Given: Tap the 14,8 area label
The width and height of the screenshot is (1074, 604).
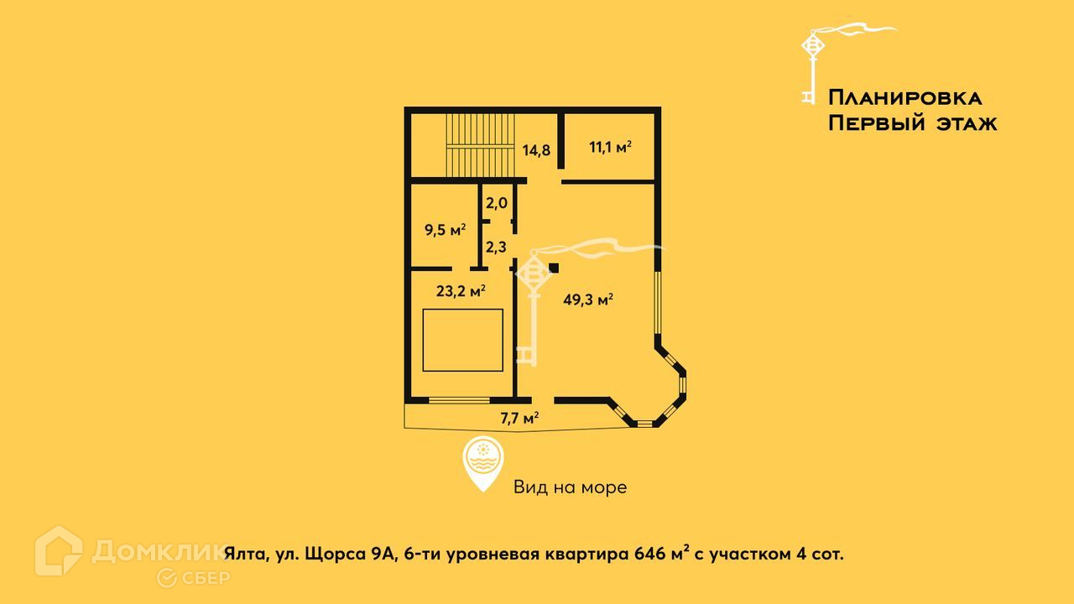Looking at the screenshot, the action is pyautogui.click(x=536, y=151).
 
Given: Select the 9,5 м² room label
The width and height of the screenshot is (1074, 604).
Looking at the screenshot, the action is pyautogui.click(x=445, y=229).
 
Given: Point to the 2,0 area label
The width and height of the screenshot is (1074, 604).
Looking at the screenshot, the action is pyautogui.click(x=498, y=203).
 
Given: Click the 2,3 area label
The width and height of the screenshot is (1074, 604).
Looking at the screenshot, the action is pyautogui.click(x=497, y=247).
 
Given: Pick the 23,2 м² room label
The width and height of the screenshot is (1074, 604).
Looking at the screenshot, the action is pyautogui.click(x=461, y=292).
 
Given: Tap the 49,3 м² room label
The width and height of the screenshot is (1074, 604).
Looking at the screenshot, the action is pyautogui.click(x=587, y=299).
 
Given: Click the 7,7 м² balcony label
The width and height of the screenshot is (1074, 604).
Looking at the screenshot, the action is pyautogui.click(x=519, y=419).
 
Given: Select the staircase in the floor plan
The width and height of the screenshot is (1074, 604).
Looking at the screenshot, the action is pyautogui.click(x=478, y=146).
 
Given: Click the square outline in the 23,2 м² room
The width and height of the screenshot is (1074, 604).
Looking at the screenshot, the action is pyautogui.click(x=462, y=340).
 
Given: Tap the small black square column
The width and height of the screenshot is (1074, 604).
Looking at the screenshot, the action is pyautogui.click(x=554, y=268).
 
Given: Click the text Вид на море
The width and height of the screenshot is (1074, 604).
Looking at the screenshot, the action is pyautogui.click(x=570, y=487).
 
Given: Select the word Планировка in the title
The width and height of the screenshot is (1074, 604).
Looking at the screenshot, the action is pyautogui.click(x=905, y=97).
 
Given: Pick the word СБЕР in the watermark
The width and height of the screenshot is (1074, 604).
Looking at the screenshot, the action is pyautogui.click(x=201, y=577).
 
